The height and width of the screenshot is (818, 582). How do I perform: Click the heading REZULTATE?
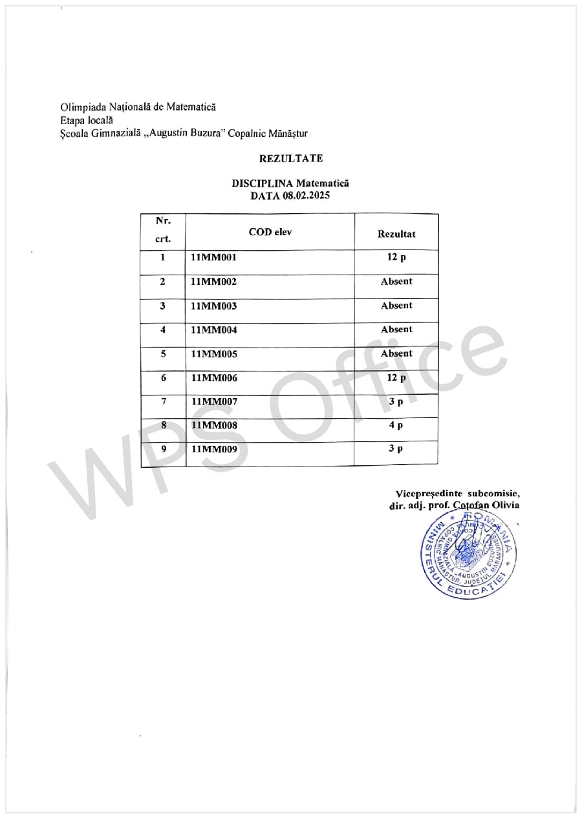tap(290, 158)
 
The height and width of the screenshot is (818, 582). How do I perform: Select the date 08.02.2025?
tap(306, 196)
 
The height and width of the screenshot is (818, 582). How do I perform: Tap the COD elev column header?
tap(270, 232)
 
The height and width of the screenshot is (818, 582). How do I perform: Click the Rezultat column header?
tap(396, 234)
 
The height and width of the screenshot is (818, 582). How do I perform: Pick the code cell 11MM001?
tap(214, 258)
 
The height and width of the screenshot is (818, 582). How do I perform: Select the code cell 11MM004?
tap(214, 330)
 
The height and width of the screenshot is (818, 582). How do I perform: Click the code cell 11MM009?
tap(214, 450)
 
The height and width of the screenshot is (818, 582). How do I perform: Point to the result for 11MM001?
tap(396, 258)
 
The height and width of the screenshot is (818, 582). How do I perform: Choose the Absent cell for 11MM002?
tap(396, 282)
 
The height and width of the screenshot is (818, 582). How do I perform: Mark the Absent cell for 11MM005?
tap(396, 354)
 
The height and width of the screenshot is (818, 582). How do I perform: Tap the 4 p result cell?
tap(396, 426)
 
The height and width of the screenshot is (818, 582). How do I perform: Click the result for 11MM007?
tap(396, 402)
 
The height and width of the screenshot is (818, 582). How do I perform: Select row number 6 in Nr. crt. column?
tap(164, 378)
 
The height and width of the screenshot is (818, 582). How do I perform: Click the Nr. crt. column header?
tap(164, 230)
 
